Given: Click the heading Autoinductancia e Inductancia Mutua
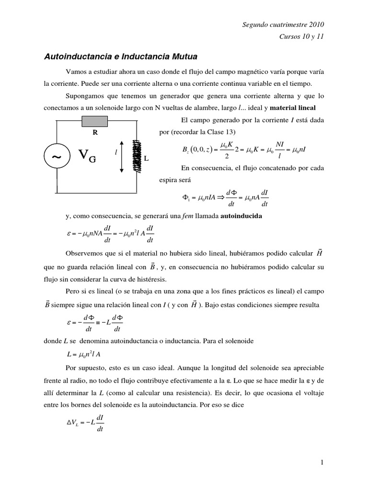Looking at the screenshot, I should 120,57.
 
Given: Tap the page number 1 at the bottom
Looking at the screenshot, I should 323,462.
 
